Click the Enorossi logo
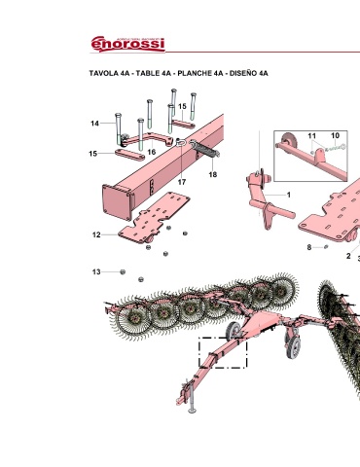tap(127, 44)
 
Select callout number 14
tap(94, 124)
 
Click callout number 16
tap(152, 152)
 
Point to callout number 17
tap(182, 182)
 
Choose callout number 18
tap(213, 174)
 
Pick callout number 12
tap(96, 234)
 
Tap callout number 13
tap(96, 271)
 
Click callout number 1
tap(289, 195)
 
